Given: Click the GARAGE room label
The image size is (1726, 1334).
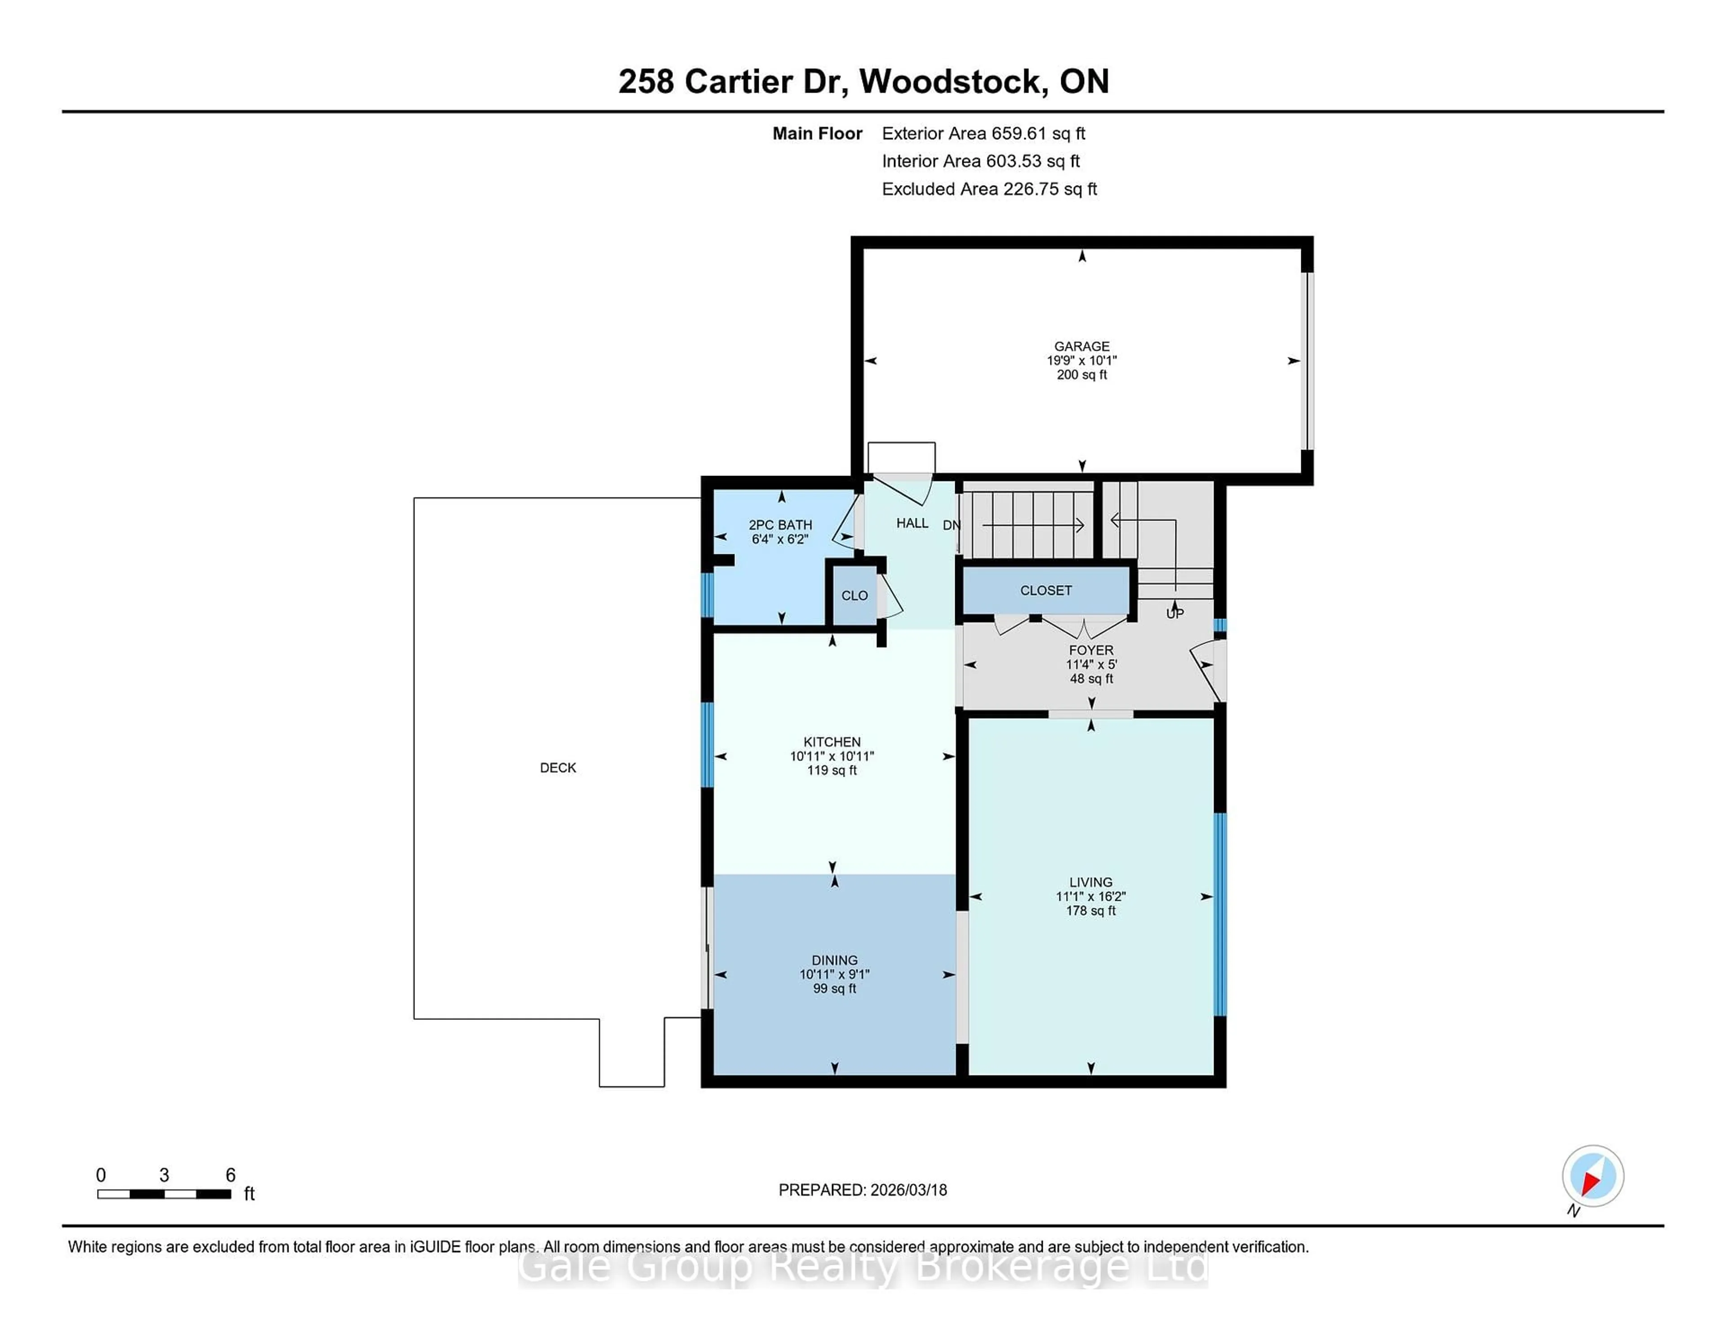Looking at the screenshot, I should click(1081, 346).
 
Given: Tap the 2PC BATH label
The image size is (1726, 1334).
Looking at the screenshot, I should click(780, 525).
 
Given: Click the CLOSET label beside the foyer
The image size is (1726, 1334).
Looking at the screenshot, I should click(1045, 590).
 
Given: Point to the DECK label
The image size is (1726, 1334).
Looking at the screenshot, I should click(558, 767).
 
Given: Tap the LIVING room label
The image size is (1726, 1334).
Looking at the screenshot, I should click(1090, 882).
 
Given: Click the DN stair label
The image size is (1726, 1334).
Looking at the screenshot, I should click(952, 525).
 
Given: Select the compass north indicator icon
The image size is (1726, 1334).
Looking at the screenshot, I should click(1593, 1176).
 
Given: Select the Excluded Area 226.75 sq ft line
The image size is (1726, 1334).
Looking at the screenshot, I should click(989, 189).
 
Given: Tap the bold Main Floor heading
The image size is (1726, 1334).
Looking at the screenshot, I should click(817, 133).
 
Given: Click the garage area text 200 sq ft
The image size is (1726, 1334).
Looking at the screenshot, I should click(1081, 374).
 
